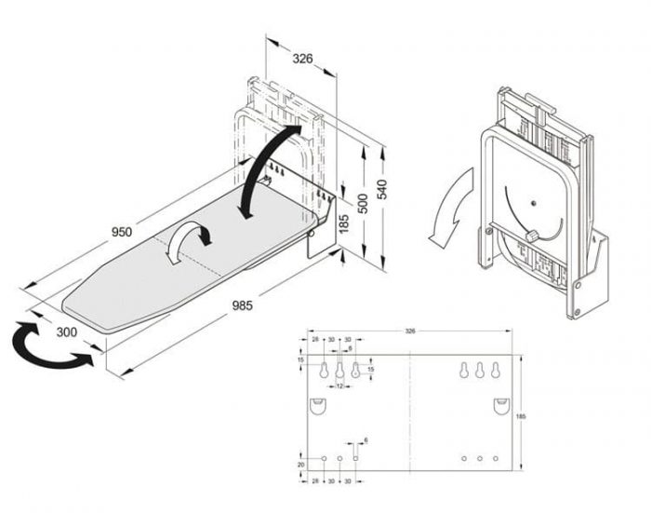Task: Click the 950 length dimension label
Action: [x=121, y=232]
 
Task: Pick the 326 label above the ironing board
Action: [x=302, y=59]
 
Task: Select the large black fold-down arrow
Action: [x=269, y=168]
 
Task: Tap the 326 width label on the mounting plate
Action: [x=410, y=331]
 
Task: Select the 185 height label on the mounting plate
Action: [x=531, y=416]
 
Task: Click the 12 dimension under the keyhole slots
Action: [x=339, y=385]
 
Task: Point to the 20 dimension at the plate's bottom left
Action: [x=300, y=464]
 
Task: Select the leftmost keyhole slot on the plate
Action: [x=323, y=371]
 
